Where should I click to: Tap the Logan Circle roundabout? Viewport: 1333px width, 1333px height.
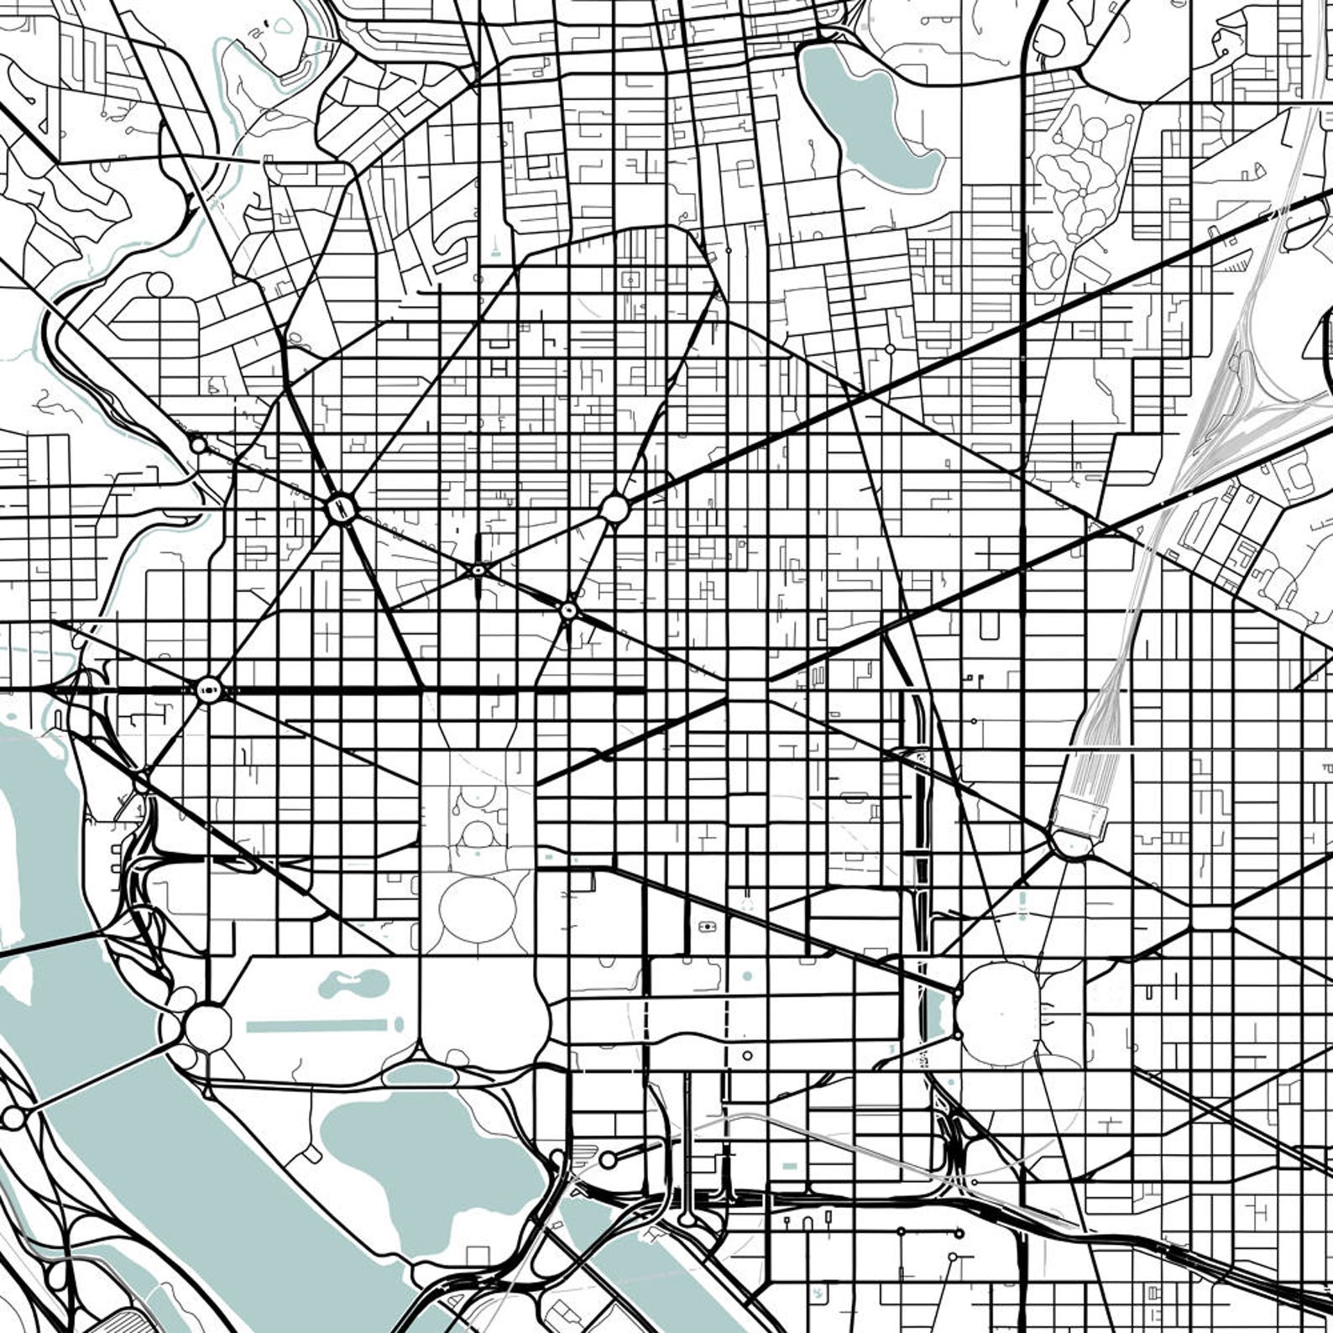tap(614, 509)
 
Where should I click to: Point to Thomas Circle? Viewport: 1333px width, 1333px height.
tap(569, 610)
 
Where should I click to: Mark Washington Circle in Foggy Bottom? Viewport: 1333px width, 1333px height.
tap(209, 690)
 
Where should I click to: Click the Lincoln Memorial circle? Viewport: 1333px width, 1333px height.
tap(206, 1025)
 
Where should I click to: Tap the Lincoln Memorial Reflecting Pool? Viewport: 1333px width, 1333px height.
tap(319, 1025)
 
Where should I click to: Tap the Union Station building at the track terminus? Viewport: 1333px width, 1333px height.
tap(1080, 814)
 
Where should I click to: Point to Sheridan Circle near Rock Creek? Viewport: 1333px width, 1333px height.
tap(198, 445)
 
